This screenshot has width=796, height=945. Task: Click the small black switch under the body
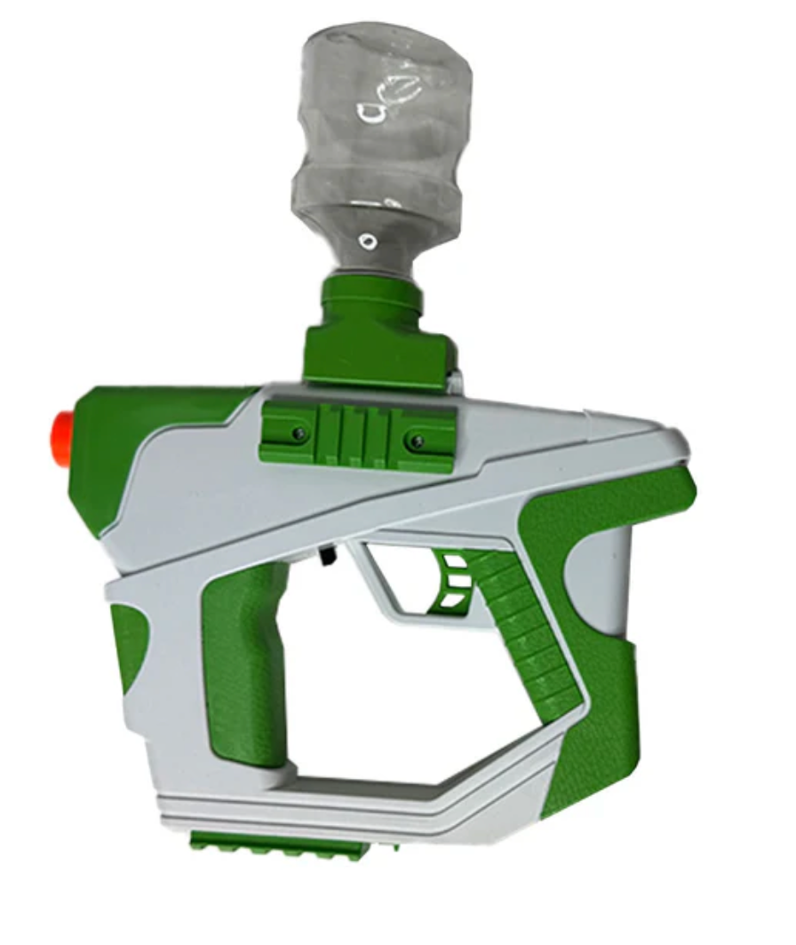pyautogui.click(x=325, y=555)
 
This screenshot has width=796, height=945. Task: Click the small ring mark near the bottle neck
pyautogui.click(x=366, y=240)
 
